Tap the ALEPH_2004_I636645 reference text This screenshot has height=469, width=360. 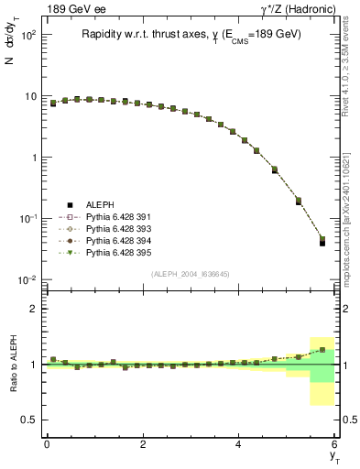(x=191, y=273)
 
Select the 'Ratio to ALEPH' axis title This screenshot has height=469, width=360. (x=12, y=364)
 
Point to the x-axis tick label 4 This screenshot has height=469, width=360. (x=239, y=444)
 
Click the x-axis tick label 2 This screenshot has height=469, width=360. (x=143, y=444)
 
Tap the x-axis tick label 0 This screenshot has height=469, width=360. (x=47, y=444)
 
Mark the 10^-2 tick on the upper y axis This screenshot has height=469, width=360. (x=25, y=279)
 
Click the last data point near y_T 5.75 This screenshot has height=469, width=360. (x=322, y=242)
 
